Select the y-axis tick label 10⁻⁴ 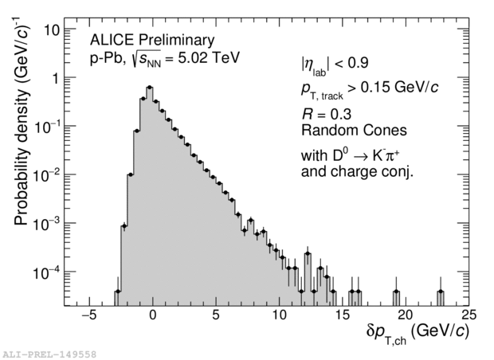(46, 272)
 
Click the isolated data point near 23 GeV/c (441, 292)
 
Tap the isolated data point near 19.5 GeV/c (396, 292)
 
